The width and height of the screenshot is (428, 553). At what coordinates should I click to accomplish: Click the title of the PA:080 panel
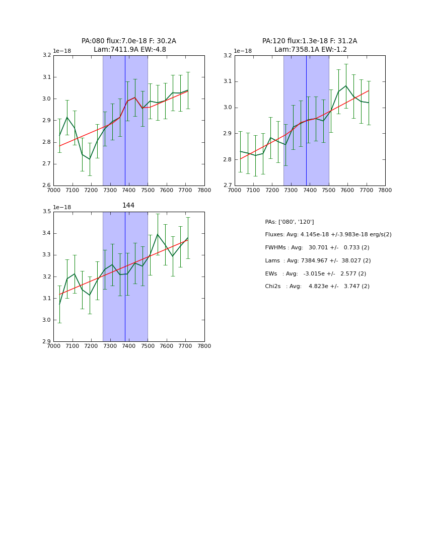tap(129, 45)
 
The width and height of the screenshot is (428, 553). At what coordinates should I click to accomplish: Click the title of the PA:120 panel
tap(310, 45)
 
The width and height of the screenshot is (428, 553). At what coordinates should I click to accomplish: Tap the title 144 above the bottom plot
tap(128, 206)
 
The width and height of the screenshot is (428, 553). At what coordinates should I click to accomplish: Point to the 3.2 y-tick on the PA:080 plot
tap(46, 55)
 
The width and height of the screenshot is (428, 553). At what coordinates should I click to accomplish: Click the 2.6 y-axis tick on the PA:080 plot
tap(46, 186)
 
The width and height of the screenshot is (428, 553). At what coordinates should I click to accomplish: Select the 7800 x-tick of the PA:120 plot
tap(385, 190)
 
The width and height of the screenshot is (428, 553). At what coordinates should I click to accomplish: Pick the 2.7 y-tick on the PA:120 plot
tap(227, 186)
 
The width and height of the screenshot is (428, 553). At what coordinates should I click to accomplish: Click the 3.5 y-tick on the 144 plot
tap(46, 212)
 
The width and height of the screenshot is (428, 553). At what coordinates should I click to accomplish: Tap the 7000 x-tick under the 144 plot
tap(53, 346)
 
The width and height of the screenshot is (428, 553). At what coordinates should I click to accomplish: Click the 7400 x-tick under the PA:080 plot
tap(129, 190)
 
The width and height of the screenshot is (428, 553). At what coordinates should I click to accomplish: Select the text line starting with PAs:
tap(290, 222)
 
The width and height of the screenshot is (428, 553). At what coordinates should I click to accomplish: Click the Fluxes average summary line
tap(328, 235)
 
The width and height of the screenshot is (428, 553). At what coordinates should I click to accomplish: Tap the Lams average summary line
tap(318, 261)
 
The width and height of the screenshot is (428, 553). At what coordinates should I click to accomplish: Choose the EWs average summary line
tap(315, 273)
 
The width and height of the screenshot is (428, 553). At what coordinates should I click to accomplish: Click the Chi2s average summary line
tap(317, 287)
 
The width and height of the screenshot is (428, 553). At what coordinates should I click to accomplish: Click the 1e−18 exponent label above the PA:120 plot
tap(243, 51)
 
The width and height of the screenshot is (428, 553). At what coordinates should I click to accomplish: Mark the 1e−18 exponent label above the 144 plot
tap(62, 208)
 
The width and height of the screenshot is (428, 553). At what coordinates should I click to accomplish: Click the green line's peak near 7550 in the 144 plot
tap(158, 234)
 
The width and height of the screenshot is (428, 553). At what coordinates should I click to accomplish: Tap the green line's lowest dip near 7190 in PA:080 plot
tap(90, 159)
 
